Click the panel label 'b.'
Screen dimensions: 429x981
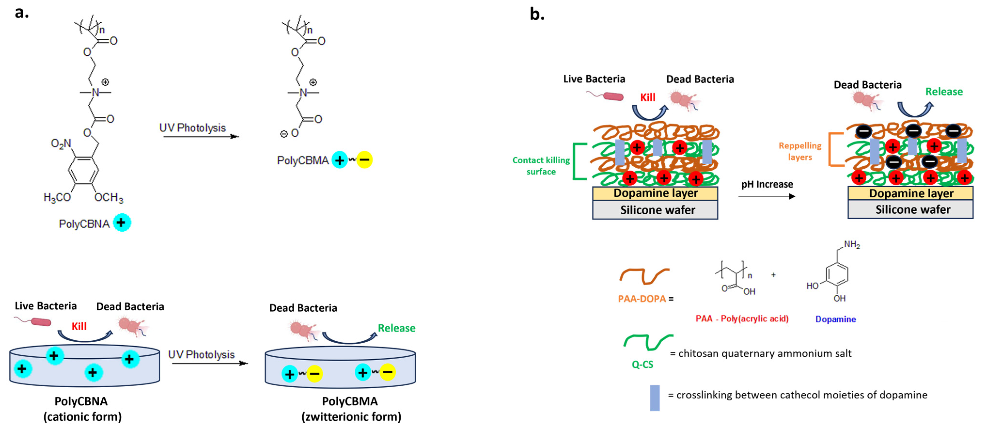[537, 15]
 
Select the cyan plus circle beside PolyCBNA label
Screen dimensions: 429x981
[122, 223]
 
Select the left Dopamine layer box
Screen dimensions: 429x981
[655, 193]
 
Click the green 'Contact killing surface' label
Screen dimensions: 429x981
[541, 166]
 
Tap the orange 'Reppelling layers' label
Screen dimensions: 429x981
[800, 151]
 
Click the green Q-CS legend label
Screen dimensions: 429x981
[642, 364]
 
